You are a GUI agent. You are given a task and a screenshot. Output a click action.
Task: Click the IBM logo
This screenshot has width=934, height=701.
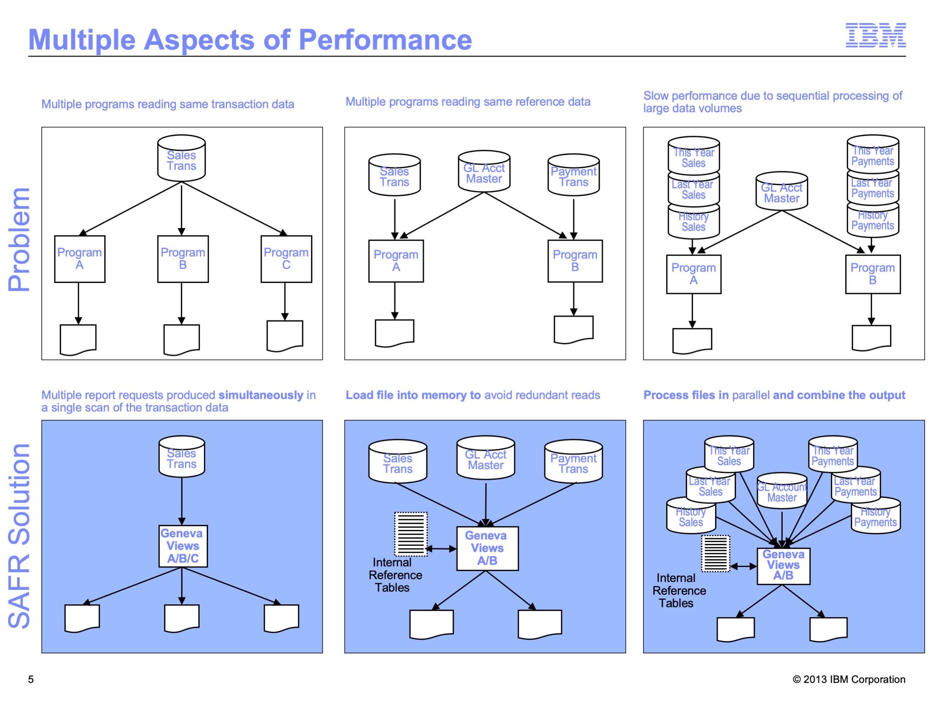click(x=875, y=35)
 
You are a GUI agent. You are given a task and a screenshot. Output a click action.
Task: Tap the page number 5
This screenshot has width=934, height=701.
click(x=31, y=679)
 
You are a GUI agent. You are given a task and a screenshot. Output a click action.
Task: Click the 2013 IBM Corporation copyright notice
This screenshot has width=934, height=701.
click(x=849, y=679)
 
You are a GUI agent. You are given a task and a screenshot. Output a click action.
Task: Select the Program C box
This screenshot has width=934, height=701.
click(x=286, y=259)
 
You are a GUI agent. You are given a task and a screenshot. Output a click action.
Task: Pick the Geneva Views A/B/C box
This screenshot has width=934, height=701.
click(x=183, y=546)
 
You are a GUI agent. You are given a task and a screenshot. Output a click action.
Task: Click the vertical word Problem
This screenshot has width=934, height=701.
click(x=19, y=240)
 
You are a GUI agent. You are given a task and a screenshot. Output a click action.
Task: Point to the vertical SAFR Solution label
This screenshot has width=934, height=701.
click(x=19, y=536)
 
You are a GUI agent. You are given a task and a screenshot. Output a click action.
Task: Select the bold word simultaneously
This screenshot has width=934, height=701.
click(x=261, y=395)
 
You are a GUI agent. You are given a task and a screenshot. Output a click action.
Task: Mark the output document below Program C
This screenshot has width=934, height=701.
click(x=285, y=336)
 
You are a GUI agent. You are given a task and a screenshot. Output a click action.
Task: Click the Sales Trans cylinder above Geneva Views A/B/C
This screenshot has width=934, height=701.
click(x=182, y=456)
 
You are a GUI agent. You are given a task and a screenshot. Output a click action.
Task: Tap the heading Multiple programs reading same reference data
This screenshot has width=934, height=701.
click(x=468, y=102)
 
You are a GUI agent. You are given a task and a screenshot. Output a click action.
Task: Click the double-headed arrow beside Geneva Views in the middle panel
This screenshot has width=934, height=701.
click(x=441, y=549)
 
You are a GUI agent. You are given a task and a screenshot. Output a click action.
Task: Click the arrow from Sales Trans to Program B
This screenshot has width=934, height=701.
click(x=182, y=209)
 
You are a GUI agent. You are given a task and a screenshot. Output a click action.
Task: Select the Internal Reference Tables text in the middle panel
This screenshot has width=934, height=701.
click(x=395, y=575)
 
